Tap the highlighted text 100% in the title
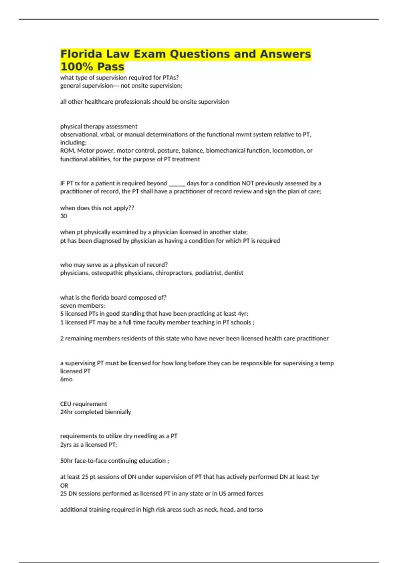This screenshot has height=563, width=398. [x=74, y=67]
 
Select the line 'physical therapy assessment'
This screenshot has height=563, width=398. [x=99, y=126]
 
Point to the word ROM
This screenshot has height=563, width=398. [x=67, y=150]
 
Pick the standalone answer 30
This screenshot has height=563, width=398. [x=63, y=216]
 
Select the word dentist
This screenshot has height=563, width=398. [x=234, y=273]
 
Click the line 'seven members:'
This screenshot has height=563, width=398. [x=82, y=305]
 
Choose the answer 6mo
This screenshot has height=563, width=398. [x=66, y=379]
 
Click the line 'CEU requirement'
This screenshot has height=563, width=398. [x=83, y=404]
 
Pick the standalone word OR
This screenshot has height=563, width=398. [x=64, y=485]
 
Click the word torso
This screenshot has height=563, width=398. [x=255, y=509]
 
